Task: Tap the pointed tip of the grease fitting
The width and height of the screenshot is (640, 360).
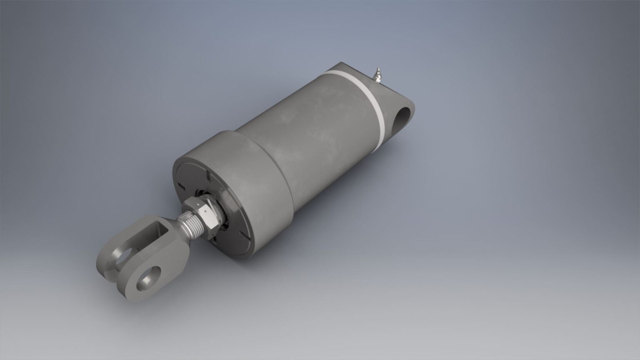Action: click(x=378, y=69)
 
